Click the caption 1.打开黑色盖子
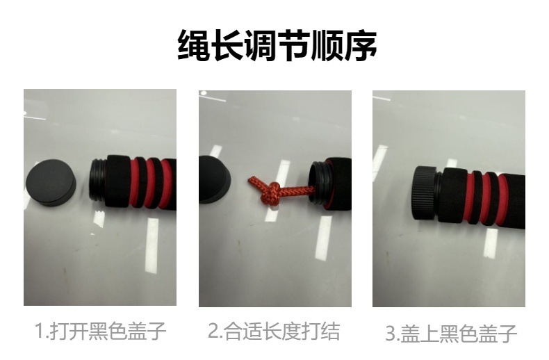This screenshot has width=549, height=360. [101, 331]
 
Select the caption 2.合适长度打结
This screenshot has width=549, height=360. [274, 331]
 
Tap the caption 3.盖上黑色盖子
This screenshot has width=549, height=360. [451, 333]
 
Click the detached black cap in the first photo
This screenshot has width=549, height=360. [51, 183]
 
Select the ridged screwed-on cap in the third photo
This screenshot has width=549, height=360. [424, 193]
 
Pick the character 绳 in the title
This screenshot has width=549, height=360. [194, 46]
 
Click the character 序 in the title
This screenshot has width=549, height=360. [360, 46]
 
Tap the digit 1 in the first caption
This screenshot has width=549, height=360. [40, 332]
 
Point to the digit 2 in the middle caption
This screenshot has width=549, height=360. [213, 332]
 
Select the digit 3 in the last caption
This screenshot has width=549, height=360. [391, 334]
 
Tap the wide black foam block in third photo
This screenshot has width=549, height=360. [452, 195]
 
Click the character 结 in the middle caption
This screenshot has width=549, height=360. [330, 331]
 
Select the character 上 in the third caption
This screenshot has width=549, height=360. [429, 333]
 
